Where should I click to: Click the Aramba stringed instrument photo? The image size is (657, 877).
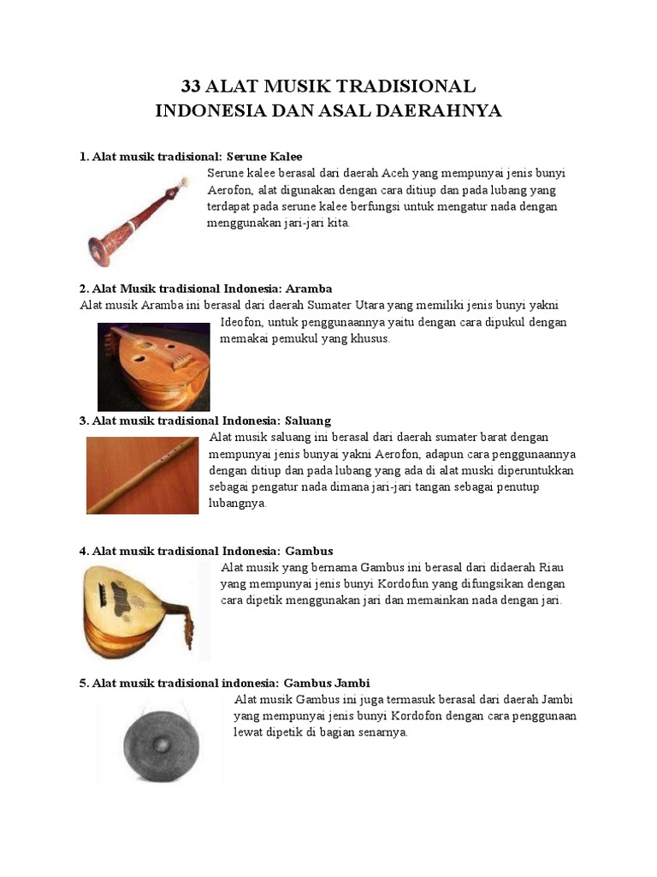pyautogui.click(x=154, y=366)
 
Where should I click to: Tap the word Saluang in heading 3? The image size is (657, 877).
pyautogui.click(x=307, y=421)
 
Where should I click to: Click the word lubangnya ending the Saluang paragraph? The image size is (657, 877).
pyautogui.click(x=238, y=504)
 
